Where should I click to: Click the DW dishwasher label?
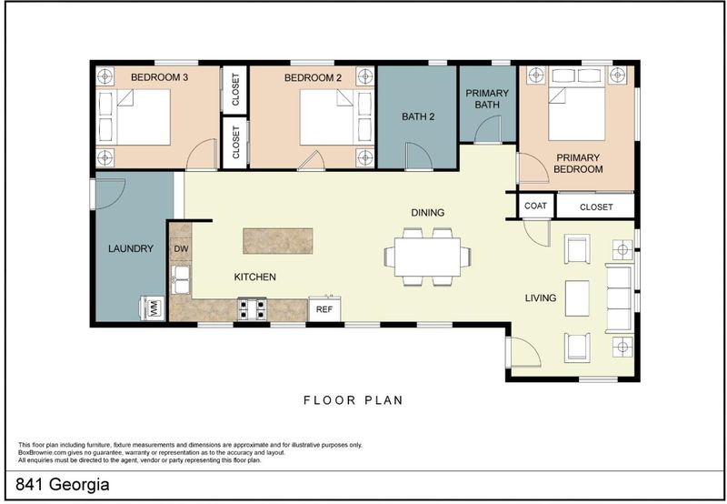click(181, 248)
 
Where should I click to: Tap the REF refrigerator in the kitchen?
click(324, 308)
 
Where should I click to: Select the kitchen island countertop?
click(278, 241)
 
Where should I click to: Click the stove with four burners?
click(253, 309)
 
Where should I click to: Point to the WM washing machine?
click(153, 307)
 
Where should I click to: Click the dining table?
click(427, 257)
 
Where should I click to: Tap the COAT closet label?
click(535, 206)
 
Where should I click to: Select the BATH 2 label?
click(418, 116)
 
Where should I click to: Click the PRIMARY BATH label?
click(487, 99)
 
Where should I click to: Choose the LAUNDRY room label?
click(131, 248)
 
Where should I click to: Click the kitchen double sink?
click(181, 279)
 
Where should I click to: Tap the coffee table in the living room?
click(577, 298)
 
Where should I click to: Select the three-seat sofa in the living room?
click(620, 298)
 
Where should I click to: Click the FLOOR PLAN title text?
click(354, 400)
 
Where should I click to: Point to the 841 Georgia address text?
click(63, 485)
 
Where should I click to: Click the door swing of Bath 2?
click(419, 155)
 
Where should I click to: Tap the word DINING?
click(427, 213)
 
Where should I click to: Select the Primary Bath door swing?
click(488, 129)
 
